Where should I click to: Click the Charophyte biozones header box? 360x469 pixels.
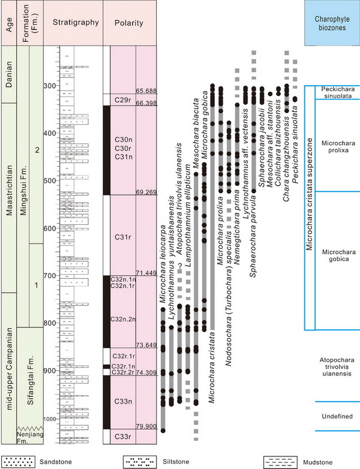click(x=332, y=23)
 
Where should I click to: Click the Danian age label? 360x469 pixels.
click(x=9, y=74)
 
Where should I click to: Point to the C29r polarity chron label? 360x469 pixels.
click(x=122, y=100)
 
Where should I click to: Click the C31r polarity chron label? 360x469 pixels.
click(x=122, y=237)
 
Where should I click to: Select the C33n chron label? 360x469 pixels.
click(x=123, y=401)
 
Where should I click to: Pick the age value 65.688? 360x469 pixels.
click(x=146, y=91)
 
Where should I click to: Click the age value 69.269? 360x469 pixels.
click(x=146, y=192)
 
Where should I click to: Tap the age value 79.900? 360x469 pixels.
click(x=146, y=426)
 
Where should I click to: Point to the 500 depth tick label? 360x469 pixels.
click(x=50, y=181)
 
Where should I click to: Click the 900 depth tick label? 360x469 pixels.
click(x=50, y=371)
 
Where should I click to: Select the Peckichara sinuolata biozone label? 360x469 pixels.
click(x=338, y=92)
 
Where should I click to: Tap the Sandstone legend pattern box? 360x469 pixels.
click(x=18, y=462)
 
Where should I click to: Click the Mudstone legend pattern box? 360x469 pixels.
click(x=280, y=462)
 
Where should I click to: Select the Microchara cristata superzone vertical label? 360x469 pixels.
click(x=309, y=194)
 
